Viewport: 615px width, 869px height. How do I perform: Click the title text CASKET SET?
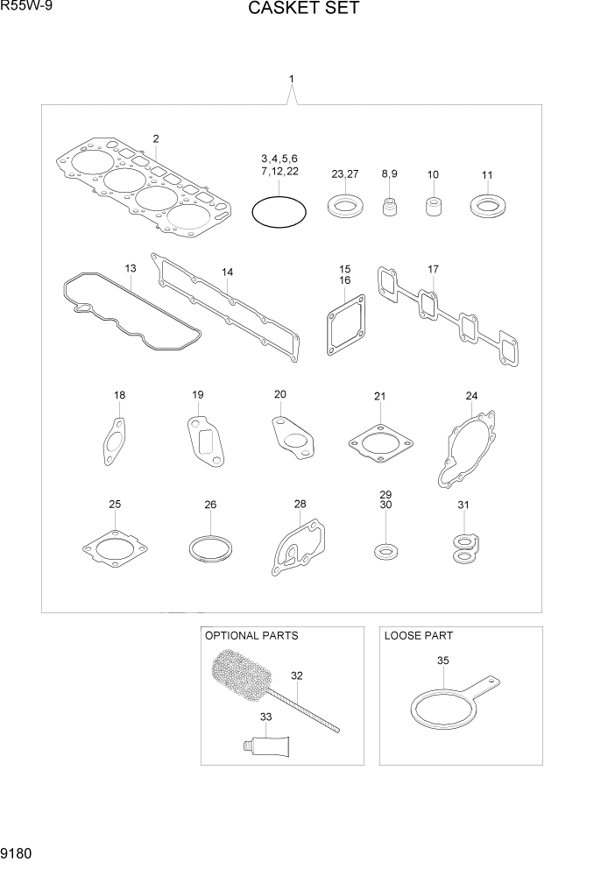(303, 10)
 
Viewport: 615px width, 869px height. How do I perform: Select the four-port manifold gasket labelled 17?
(446, 321)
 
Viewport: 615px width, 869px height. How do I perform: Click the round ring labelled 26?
(211, 550)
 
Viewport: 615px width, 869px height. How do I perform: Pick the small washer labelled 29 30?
(384, 552)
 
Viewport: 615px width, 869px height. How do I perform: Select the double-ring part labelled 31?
(463, 548)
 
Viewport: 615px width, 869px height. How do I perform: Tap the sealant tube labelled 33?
(268, 747)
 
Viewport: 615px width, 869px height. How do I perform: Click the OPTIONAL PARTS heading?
(251, 635)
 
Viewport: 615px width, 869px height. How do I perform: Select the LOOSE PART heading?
(418, 635)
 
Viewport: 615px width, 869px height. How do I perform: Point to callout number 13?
(130, 268)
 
